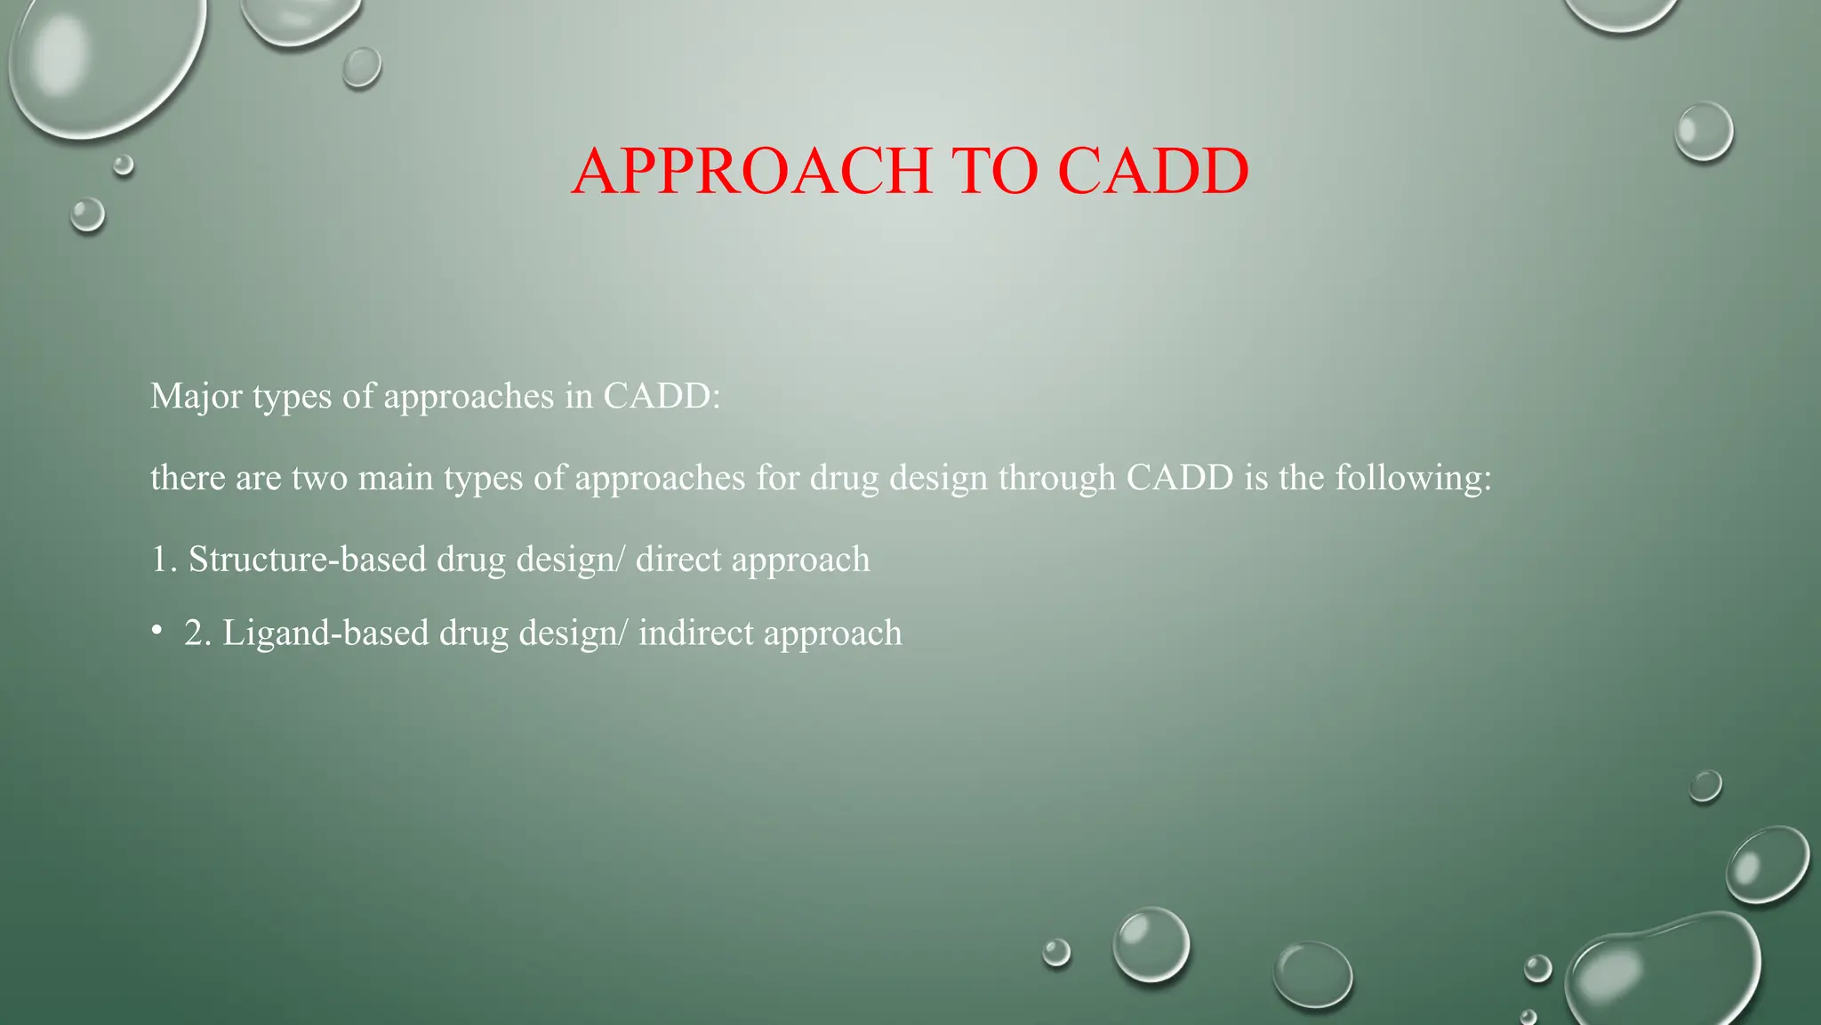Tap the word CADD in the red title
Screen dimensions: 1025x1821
pos(1153,171)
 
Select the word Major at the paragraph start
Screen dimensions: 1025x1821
pos(196,396)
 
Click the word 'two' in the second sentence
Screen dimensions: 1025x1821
pos(319,478)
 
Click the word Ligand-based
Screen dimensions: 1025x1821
pos(325,634)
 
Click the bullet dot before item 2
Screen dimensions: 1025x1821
pos(156,631)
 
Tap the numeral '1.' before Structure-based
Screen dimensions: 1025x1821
pos(164,560)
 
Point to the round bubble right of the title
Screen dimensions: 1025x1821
pos(1704,132)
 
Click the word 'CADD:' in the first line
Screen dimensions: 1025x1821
pos(662,396)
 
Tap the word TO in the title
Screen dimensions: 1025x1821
pos(994,171)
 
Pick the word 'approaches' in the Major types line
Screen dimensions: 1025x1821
pos(469,396)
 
